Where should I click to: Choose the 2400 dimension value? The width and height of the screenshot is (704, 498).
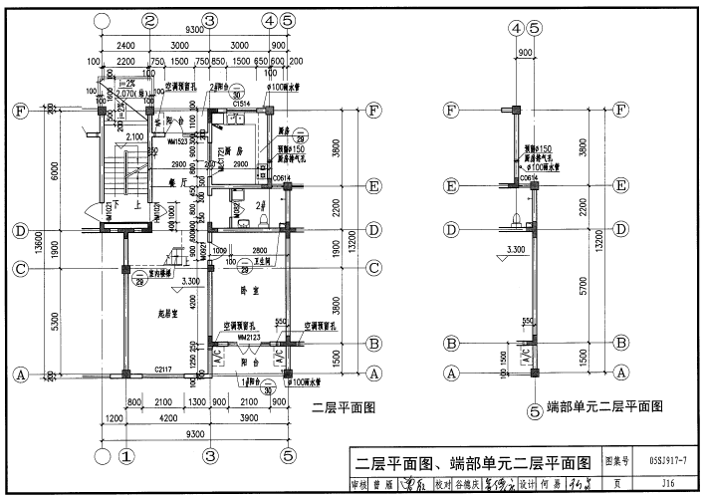[125, 46]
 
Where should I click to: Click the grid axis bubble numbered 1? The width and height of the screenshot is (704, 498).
[126, 457]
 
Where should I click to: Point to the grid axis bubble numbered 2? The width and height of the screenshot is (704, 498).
[149, 20]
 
